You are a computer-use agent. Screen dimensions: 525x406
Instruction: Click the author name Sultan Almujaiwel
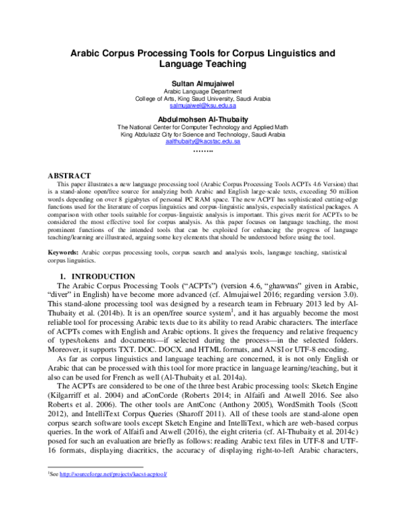203,83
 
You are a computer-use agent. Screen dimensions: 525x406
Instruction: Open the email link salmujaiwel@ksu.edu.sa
203,106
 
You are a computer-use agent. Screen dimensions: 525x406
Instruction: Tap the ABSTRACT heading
70,175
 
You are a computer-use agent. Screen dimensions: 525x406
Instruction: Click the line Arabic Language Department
203,91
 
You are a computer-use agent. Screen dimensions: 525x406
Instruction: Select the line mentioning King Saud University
203,98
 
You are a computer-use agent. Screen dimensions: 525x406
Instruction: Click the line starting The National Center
203,127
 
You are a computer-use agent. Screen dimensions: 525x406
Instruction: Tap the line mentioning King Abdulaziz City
203,134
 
